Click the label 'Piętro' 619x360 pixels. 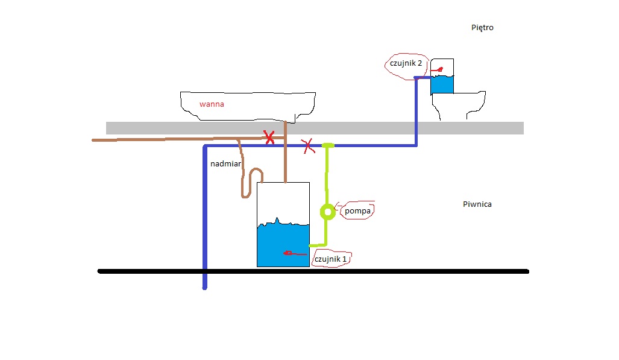(483, 28)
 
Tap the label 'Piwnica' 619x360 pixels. (477, 204)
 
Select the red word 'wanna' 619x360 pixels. (212, 104)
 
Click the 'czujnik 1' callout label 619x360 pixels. (330, 259)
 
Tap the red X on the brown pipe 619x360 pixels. (269, 138)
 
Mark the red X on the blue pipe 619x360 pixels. (308, 145)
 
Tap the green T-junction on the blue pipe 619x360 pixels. (328, 145)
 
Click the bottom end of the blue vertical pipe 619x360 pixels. (204, 287)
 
